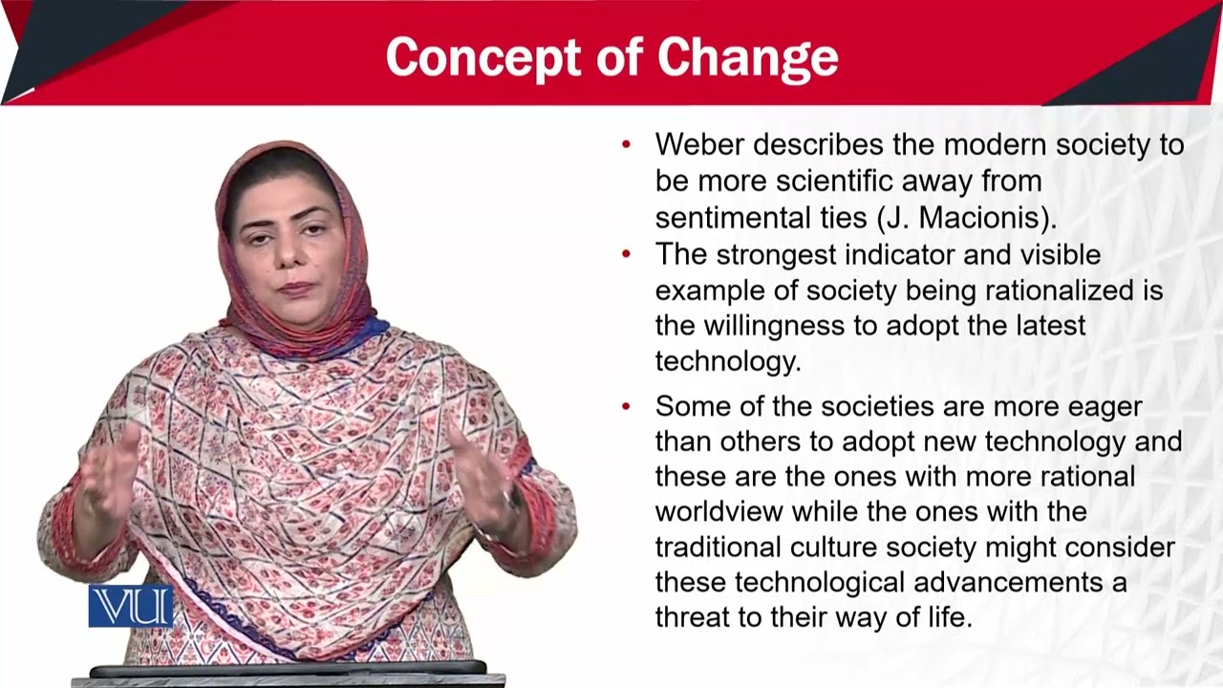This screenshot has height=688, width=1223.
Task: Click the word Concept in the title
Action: point(483,58)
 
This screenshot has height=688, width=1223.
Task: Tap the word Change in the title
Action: point(748,58)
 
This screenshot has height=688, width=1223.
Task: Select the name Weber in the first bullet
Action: point(699,144)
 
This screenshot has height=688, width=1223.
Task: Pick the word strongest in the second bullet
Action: point(777,255)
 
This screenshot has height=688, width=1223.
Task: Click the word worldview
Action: point(719,511)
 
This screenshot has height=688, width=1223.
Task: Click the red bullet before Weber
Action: point(626,144)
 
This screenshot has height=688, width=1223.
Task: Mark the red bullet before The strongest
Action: point(626,254)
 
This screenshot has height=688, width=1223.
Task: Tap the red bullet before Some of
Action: point(626,406)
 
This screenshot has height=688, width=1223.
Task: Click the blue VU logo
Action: point(131,606)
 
